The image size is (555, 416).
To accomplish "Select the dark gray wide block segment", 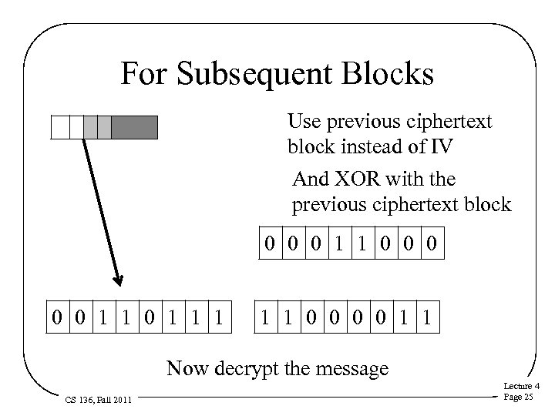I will pyautogui.click(x=134, y=127).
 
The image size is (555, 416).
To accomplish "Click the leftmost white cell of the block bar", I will pyautogui.click(x=59, y=127).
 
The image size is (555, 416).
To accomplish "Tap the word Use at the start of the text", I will pyautogui.click(x=301, y=121).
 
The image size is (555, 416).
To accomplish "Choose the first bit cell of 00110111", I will pyautogui.click(x=59, y=317).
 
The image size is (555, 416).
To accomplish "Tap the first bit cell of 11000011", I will pyautogui.click(x=267, y=317).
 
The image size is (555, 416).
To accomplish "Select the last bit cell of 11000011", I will pyautogui.click(x=429, y=317).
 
